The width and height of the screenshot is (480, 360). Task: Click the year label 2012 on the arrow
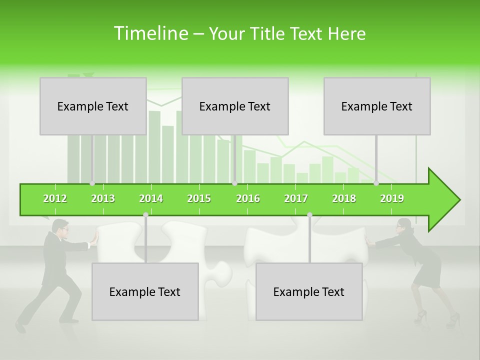[x=55, y=198]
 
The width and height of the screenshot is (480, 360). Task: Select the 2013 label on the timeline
[x=103, y=198]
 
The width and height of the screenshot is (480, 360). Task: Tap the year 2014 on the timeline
[x=151, y=198]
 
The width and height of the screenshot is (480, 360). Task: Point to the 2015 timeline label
[x=199, y=198]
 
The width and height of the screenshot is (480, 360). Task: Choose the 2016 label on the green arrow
[x=248, y=198]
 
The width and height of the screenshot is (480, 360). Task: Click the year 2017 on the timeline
[x=296, y=198]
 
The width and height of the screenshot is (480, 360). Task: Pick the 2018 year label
[x=344, y=198]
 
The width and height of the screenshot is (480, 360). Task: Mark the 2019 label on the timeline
[x=392, y=198]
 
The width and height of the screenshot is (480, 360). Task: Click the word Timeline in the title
[x=150, y=33]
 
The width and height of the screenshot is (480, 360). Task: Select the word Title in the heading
[x=268, y=33]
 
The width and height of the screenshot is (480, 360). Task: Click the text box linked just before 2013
[x=93, y=106]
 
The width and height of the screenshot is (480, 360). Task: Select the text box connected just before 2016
[x=235, y=106]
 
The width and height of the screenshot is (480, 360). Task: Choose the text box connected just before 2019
[x=377, y=106]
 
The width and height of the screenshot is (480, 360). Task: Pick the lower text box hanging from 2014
[x=145, y=291]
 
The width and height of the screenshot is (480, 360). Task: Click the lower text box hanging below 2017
[x=309, y=291]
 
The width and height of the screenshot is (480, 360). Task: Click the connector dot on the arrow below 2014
[x=145, y=214]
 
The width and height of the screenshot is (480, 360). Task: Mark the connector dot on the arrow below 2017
[x=309, y=214]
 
